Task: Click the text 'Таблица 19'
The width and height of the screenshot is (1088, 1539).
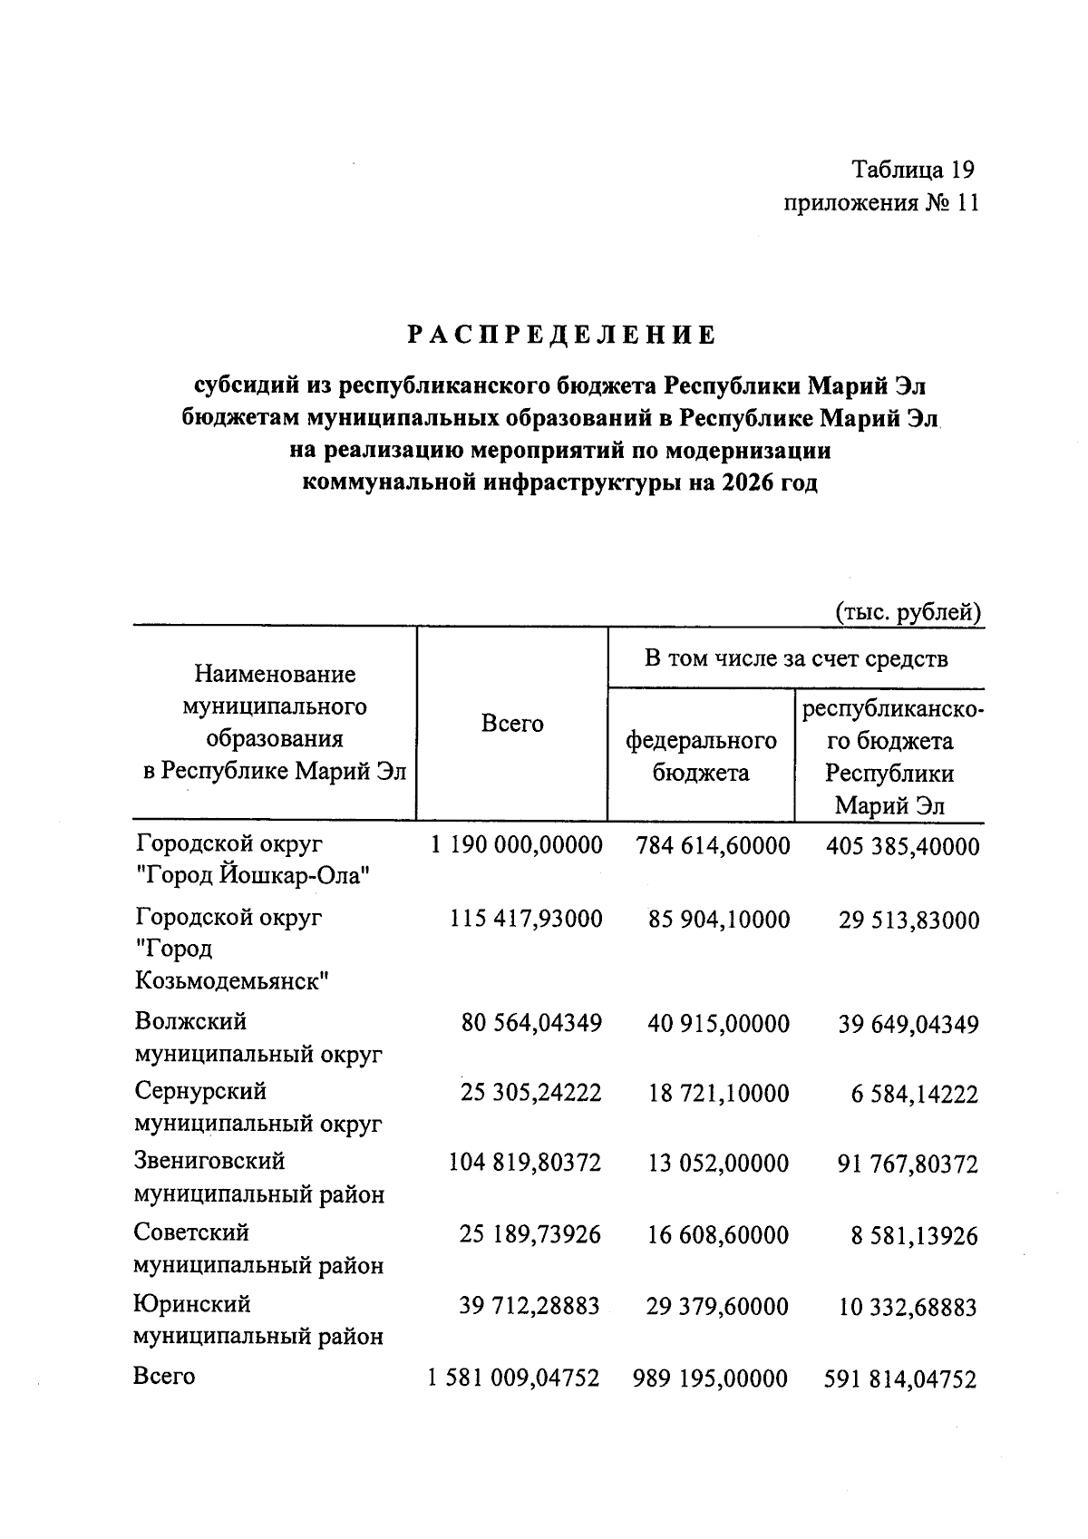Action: (x=912, y=170)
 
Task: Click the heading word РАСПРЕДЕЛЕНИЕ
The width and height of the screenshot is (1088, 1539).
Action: (x=561, y=336)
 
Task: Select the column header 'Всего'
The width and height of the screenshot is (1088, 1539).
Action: (x=512, y=724)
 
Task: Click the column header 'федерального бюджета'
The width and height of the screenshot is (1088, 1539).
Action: (x=701, y=756)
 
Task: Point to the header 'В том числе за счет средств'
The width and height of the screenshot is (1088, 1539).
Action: (x=796, y=658)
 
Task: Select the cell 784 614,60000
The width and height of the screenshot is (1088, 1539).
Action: (x=713, y=845)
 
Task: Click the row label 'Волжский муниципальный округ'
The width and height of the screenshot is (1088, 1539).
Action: (x=257, y=1037)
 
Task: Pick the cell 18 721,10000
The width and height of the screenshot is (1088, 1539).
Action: (x=718, y=1093)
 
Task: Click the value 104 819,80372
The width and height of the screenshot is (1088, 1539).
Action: (x=525, y=1162)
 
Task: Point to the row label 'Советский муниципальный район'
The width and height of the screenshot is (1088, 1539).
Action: (x=257, y=1249)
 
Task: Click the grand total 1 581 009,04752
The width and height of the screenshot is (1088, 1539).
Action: (x=514, y=1378)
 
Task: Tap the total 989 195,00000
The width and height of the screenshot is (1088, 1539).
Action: (x=710, y=1378)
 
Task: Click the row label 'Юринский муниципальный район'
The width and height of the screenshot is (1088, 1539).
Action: (x=257, y=1320)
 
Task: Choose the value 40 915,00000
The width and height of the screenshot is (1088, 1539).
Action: (x=718, y=1024)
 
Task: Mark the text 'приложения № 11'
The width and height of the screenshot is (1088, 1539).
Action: (x=880, y=202)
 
